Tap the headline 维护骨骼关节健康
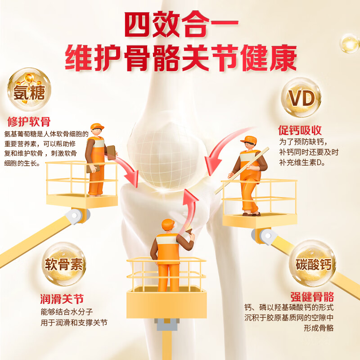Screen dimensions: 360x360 coord(180,58)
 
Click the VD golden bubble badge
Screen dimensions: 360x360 coord(301,98)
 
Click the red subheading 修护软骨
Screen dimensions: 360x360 coord(29,121)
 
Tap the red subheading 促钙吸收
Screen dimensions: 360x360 coord(300,130)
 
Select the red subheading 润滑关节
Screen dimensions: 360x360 coord(62,299)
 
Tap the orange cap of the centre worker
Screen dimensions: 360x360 coord(167,223)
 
